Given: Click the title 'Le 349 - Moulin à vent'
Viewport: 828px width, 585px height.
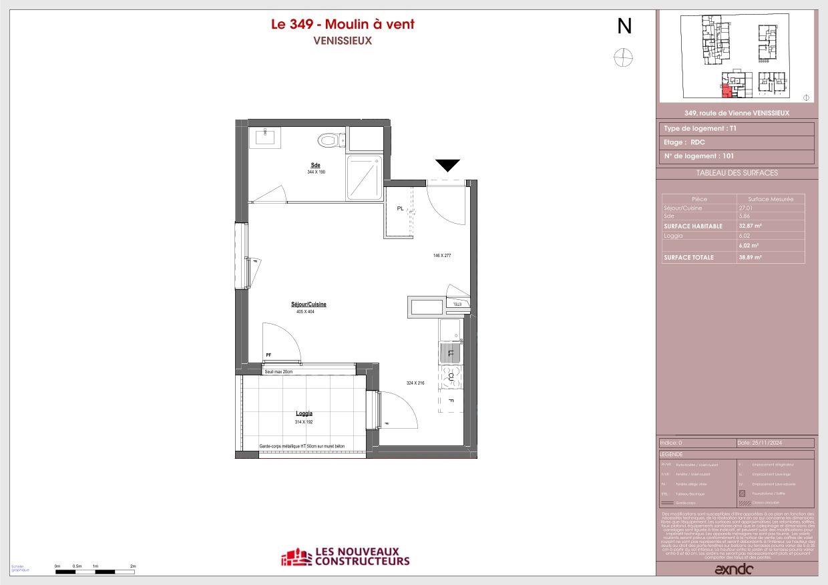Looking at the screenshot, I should [x=342, y=25].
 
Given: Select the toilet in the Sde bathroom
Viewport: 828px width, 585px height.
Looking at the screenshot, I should [x=329, y=140].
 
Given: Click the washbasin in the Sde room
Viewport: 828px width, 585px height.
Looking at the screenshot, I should [x=266, y=138].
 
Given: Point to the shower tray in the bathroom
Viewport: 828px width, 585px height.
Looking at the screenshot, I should [x=365, y=177].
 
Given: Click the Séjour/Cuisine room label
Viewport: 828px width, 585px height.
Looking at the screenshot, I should [x=308, y=304].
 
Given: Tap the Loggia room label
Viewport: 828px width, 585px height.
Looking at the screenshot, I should [x=304, y=413].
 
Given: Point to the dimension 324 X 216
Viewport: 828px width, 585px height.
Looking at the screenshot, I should [x=415, y=383].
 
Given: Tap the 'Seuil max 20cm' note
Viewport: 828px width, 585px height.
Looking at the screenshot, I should [x=278, y=371].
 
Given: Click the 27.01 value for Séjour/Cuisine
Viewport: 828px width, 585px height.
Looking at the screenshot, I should [x=744, y=208].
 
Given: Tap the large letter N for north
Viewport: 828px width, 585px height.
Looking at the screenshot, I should [x=624, y=26].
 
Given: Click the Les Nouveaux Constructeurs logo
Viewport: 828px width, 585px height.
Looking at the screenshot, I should [x=345, y=557].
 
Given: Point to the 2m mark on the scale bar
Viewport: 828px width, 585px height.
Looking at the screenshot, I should [x=133, y=566].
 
